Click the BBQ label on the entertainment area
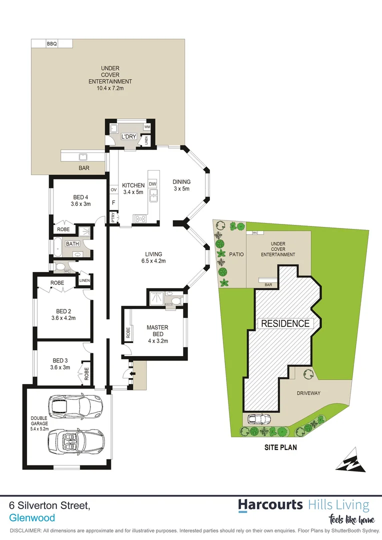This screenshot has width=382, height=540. [52, 44]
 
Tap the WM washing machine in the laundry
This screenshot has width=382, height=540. [147, 127]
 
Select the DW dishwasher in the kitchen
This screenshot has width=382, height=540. [152, 183]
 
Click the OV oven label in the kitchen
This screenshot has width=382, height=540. [113, 190]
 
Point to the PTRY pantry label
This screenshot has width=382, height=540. [113, 217]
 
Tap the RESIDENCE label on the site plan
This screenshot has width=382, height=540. [285, 323]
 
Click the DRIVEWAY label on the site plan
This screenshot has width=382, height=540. [308, 393]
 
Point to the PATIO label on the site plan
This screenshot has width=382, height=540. [236, 254]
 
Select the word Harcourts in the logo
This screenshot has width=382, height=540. [270, 505]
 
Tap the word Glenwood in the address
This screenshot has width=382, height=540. [32, 518]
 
